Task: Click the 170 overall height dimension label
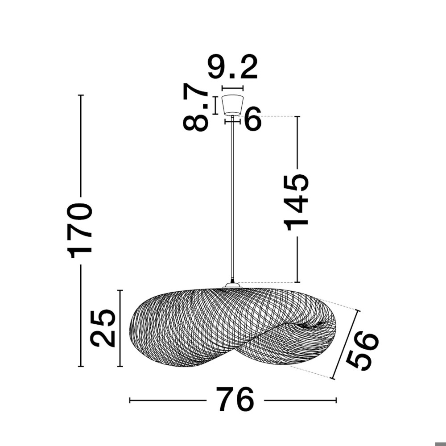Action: tap(79, 231)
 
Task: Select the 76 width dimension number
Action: tap(235, 399)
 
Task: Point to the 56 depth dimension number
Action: tap(362, 351)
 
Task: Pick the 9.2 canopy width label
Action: tap(233, 66)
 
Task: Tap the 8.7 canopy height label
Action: tap(196, 107)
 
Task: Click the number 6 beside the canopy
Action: tap(252, 119)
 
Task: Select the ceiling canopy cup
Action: tap(233, 105)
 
